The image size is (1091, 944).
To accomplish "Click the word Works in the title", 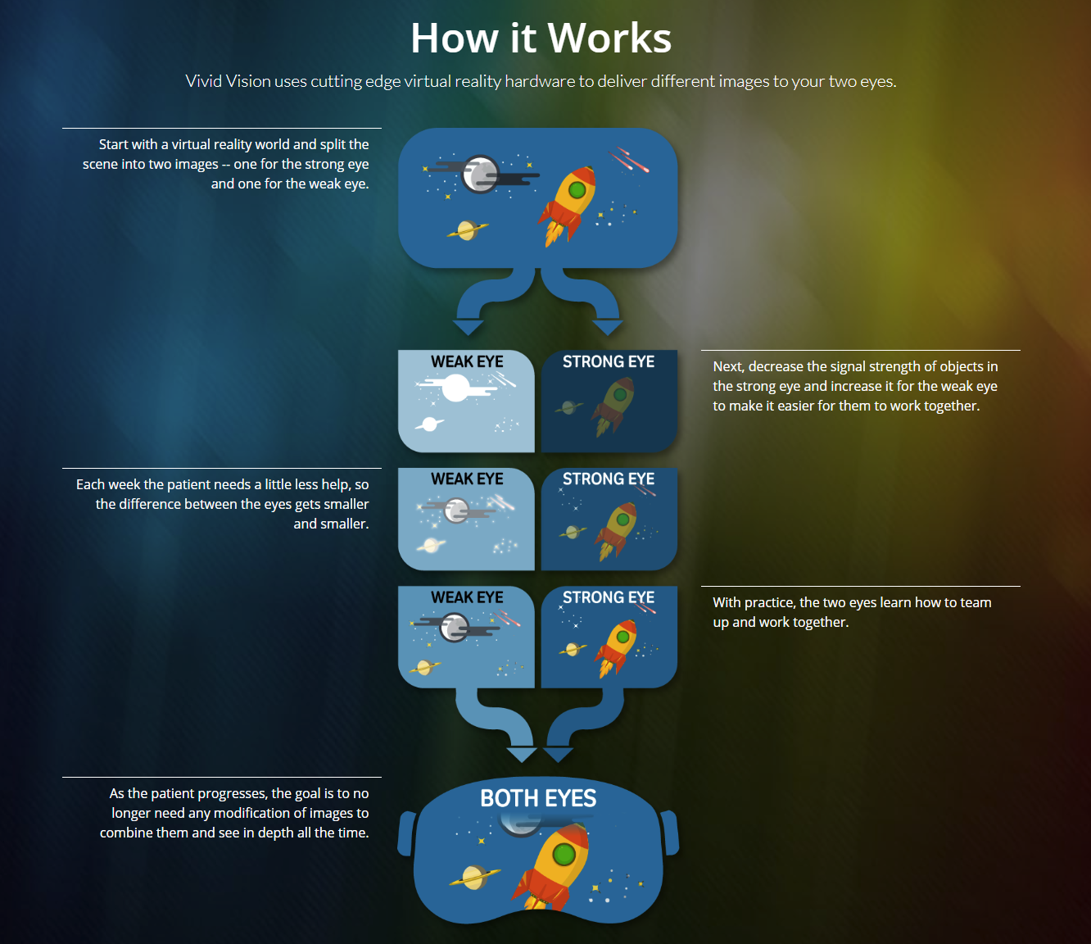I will click(609, 39).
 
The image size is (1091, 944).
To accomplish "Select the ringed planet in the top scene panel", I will click(467, 230).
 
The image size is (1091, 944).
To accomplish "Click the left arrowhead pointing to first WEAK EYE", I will click(469, 327).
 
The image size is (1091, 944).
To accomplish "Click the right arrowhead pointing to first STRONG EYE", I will click(607, 327).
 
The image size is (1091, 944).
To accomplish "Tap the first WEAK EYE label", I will click(467, 361).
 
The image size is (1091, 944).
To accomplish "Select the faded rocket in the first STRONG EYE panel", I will click(613, 406).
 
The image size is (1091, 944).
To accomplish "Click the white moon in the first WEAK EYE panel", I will click(456, 387).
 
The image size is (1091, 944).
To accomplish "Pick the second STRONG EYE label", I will click(608, 479).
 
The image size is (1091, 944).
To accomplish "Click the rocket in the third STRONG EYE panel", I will click(617, 647).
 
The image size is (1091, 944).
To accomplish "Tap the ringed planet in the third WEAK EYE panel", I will click(424, 667).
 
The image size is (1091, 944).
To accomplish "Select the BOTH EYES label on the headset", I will click(538, 798).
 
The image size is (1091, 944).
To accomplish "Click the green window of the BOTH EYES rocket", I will click(564, 855).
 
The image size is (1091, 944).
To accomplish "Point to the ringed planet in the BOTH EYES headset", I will click(474, 878).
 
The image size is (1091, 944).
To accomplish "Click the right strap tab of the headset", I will click(670, 832).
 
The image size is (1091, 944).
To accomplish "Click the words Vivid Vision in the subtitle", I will click(228, 81).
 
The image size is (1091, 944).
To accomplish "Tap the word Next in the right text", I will click(727, 366).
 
